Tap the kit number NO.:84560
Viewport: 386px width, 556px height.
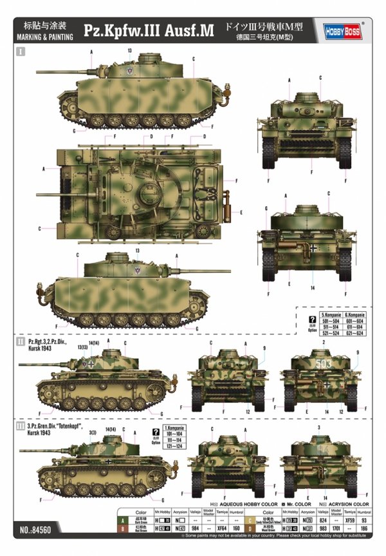click(37, 534)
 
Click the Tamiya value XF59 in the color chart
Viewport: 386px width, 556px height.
click(351, 517)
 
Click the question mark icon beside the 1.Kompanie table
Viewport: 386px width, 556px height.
click(154, 432)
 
